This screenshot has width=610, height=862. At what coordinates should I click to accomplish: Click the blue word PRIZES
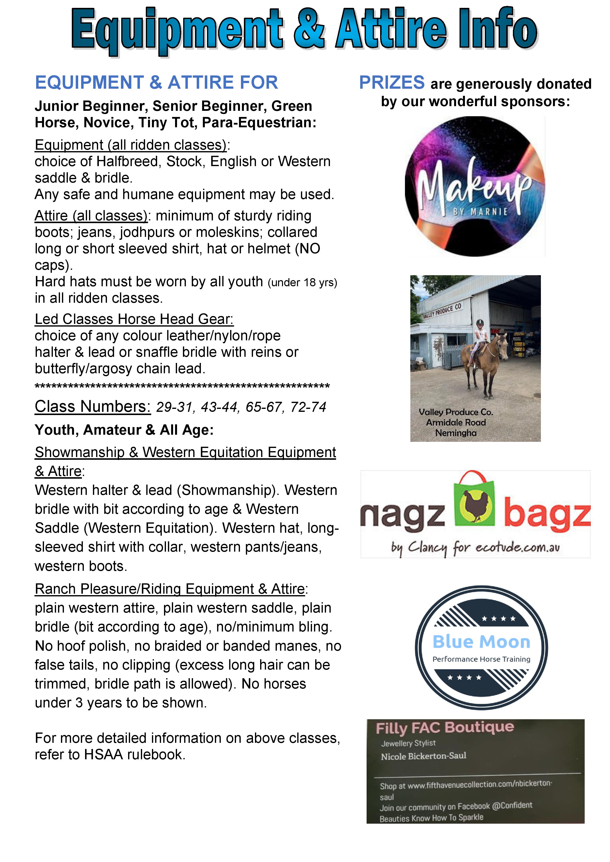(x=391, y=83)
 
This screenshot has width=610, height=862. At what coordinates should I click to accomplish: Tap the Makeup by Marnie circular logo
(x=475, y=187)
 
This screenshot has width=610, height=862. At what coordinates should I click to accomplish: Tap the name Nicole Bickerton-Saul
(x=423, y=756)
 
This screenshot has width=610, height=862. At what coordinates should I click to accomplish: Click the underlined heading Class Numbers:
(x=92, y=407)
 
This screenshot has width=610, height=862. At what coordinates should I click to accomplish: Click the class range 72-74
(x=308, y=407)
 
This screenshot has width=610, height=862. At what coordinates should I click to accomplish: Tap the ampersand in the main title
(x=309, y=30)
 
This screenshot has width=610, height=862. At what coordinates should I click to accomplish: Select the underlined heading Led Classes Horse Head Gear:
(x=134, y=319)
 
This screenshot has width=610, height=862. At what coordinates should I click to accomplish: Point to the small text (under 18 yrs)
(x=302, y=282)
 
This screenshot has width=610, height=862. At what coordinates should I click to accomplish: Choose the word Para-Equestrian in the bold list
(x=259, y=123)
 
